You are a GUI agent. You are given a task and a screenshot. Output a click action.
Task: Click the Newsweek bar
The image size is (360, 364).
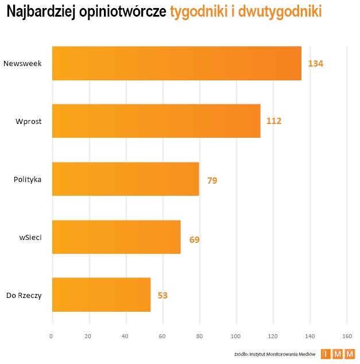(x=176, y=63)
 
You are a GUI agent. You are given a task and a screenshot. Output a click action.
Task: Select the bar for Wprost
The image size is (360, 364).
(x=156, y=121)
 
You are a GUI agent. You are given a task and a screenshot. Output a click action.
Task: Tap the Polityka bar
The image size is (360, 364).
(x=125, y=179)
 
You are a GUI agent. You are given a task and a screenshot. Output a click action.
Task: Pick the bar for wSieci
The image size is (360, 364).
(x=116, y=237)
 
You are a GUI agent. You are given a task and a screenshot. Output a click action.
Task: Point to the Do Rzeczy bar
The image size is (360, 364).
(x=101, y=295)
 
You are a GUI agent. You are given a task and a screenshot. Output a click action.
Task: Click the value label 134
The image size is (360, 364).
(x=316, y=63)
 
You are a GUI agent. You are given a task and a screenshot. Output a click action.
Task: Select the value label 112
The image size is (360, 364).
(x=274, y=121)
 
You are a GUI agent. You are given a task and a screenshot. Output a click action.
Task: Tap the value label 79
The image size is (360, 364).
(x=212, y=180)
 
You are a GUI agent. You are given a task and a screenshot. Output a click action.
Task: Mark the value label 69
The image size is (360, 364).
(x=194, y=239)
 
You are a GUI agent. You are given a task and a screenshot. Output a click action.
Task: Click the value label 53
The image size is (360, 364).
(x=162, y=296)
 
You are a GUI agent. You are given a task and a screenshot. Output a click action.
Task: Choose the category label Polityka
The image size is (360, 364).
(x=28, y=179)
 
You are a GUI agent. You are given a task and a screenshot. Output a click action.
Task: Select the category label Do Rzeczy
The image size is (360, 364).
(x=24, y=295)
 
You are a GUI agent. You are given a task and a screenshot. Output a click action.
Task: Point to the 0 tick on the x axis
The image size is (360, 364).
(x=52, y=336)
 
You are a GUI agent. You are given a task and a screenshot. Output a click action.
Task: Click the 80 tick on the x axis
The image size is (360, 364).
(x=199, y=336)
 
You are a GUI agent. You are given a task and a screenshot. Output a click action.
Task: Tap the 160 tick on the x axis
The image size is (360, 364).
(x=346, y=336)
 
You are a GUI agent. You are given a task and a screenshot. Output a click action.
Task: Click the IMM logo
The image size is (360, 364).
(x=338, y=354)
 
